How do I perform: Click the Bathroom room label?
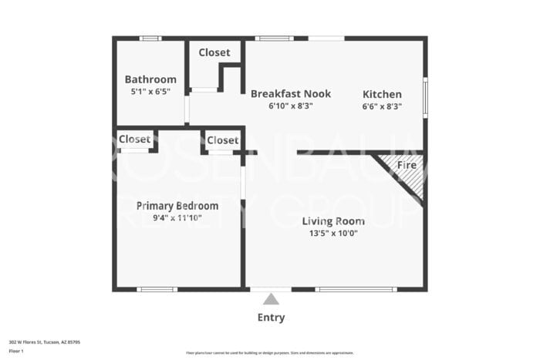(x=150, y=79)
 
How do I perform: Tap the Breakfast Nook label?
(x=291, y=94)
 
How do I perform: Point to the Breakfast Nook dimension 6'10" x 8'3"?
(x=291, y=106)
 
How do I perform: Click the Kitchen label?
(x=383, y=94)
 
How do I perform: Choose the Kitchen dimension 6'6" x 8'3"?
(x=383, y=106)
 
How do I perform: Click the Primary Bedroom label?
(x=177, y=206)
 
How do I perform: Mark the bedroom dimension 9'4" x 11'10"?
(x=177, y=218)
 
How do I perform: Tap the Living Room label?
(x=333, y=221)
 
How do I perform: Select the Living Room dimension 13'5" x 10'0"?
(x=333, y=234)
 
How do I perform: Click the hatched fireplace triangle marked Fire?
(x=409, y=173)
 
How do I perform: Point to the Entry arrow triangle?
(x=271, y=299)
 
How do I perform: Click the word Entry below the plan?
(x=271, y=318)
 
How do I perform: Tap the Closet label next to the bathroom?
(x=214, y=52)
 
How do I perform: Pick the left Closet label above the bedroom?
(x=135, y=140)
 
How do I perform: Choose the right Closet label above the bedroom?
(x=223, y=140)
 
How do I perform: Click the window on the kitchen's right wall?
(x=424, y=97)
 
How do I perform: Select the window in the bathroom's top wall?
(x=150, y=38)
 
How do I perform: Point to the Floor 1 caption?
(x=16, y=351)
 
